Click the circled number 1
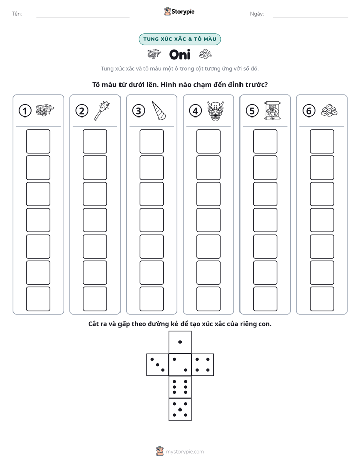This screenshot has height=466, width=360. tap(25, 111)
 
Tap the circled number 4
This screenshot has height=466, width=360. tap(195, 111)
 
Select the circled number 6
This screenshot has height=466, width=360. tap(309, 111)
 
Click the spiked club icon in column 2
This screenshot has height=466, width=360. tap(102, 110)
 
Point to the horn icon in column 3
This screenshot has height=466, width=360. tap(159, 110)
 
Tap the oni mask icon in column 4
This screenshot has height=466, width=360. tap(215, 110)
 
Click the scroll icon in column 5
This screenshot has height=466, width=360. tap(272, 110)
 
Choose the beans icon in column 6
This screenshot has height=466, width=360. tap(329, 111)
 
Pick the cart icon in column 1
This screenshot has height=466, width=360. tap(45, 110)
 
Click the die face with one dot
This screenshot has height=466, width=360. tap(180, 342)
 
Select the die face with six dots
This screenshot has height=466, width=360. tap(180, 387)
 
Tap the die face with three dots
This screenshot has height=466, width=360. tap(158, 365)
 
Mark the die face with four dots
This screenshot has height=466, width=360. tap(203, 365)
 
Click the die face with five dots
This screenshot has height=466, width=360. tap(180, 410)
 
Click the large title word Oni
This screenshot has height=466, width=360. tap(179, 54)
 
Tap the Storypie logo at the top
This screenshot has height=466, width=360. tap(179, 11)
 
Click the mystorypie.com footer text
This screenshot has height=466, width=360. tap(185, 452)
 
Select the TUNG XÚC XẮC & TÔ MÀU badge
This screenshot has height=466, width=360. tap(179, 39)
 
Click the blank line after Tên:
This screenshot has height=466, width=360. tap(83, 17)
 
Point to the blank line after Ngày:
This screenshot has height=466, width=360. tap(311, 17)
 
